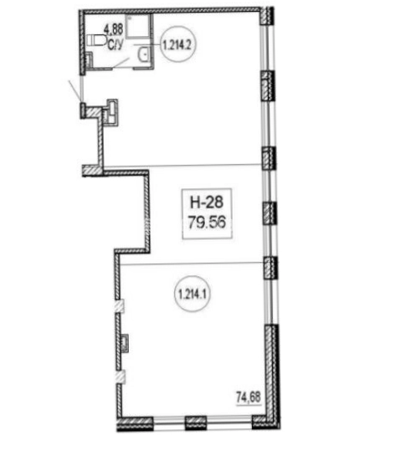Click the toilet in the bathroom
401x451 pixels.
(95, 40)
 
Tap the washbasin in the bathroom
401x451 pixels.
(143, 54)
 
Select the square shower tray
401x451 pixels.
(138, 26)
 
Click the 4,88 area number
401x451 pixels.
(114, 29)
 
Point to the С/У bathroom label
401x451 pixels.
(116, 45)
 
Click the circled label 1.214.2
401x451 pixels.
(178, 44)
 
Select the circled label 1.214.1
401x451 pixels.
(193, 295)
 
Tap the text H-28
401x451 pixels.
(207, 202)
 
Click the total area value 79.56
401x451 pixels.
(207, 222)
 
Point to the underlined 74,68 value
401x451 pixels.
(249, 397)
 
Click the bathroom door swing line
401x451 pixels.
(121, 63)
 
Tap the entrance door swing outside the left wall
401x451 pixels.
(75, 90)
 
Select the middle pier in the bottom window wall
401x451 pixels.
(195, 423)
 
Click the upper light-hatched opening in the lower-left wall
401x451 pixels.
(120, 306)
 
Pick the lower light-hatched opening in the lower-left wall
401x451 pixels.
(120, 377)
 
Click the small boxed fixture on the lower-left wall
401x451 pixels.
(125, 343)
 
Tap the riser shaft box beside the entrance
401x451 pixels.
(111, 112)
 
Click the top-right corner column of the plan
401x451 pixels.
(267, 17)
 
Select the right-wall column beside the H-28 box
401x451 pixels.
(270, 213)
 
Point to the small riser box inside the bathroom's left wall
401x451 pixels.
(90, 60)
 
